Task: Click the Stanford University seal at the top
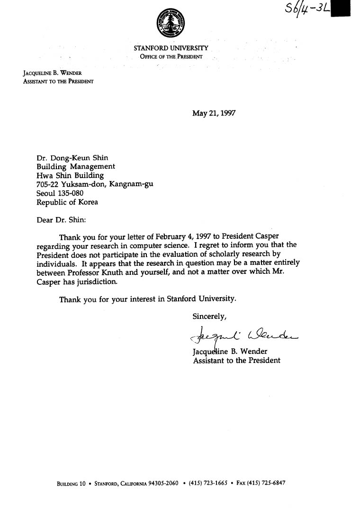(x=171, y=23)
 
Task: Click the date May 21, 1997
(x=214, y=113)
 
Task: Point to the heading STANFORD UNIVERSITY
(x=171, y=48)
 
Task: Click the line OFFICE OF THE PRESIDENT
(x=171, y=57)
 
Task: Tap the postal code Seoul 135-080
(x=60, y=193)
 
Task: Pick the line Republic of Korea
(x=67, y=202)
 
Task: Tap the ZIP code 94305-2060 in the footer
(x=163, y=484)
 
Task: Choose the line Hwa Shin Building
(x=70, y=175)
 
